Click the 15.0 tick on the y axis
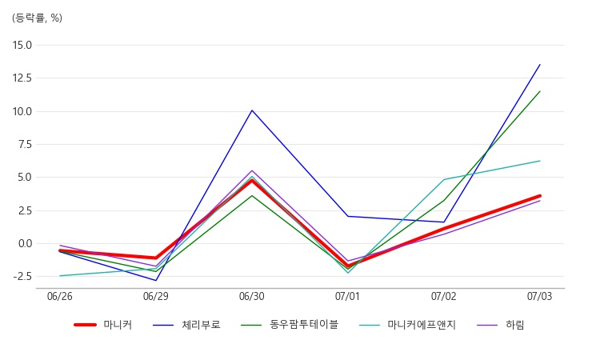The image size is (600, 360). coord(22,45)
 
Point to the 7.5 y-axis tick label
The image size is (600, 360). coord(25,145)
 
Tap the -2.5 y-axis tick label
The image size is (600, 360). coord(22,277)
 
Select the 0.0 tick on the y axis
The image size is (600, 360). coord(25,244)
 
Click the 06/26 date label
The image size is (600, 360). coord(60,297)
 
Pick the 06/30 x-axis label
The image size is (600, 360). coord(252,297)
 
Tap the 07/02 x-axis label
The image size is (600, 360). coord(444,297)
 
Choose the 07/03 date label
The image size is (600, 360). coord(539,297)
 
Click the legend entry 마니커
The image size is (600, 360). coord(103,325)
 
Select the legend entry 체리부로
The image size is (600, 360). coord(186,325)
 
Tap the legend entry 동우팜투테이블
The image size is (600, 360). coord(290,325)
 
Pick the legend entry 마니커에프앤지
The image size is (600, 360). coord(407,325)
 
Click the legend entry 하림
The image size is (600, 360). coord(501,325)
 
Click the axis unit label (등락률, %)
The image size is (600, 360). coord(37,18)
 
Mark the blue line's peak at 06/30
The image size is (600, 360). coord(252,110)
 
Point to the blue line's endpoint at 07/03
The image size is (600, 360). coord(540,64)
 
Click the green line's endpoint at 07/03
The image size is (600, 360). coord(540,91)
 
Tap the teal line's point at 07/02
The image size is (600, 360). coord(444,179)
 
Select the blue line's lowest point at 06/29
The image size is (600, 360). coord(156,281)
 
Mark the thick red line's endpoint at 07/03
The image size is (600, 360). coord(539,196)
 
